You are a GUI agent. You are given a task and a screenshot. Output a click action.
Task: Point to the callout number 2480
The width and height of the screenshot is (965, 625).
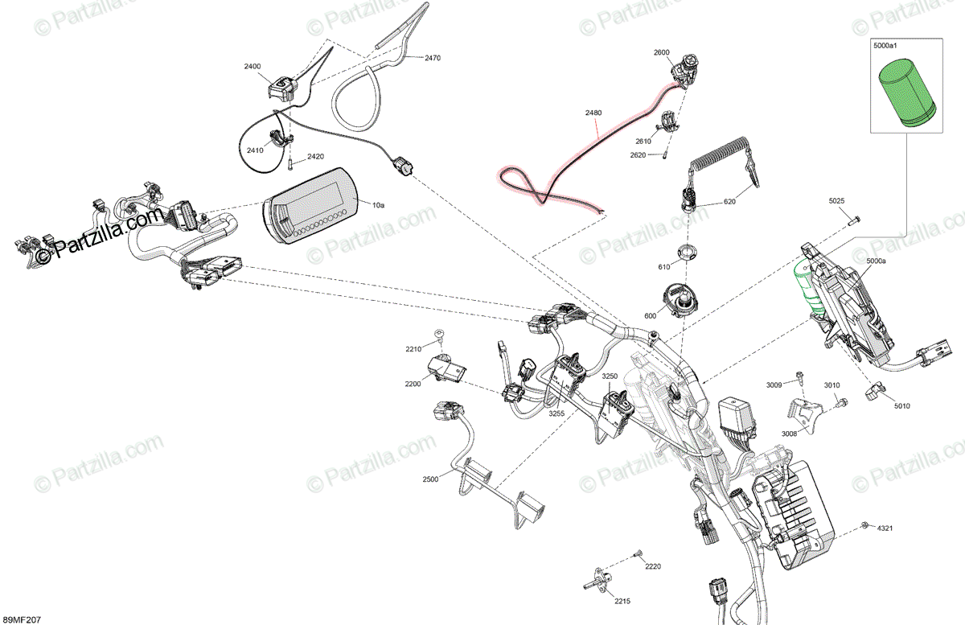[593, 113]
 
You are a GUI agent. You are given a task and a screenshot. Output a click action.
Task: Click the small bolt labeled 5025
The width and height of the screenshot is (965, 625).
[854, 217]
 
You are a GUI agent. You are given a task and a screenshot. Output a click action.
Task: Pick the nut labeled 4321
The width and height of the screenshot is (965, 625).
[864, 525]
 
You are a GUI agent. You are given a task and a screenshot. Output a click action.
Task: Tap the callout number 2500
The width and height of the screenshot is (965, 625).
[430, 479]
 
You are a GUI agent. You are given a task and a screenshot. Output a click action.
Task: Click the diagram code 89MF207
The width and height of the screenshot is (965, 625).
[22, 619]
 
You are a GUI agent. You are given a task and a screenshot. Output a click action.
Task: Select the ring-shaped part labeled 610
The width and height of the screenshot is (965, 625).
[685, 251]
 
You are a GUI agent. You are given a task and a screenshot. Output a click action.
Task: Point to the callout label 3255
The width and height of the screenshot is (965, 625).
[556, 413]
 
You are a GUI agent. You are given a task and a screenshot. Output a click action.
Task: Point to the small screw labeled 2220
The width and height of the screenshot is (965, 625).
[638, 553]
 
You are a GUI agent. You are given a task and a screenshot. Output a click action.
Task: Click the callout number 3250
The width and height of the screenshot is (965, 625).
[610, 376]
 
